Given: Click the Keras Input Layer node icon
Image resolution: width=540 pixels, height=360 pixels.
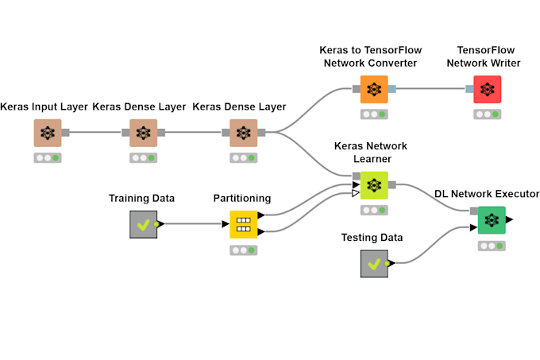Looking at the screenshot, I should (48, 133).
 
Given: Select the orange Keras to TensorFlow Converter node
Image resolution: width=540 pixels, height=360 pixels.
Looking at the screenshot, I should (374, 89).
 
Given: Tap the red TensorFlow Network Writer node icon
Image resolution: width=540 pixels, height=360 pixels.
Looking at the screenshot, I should (487, 89).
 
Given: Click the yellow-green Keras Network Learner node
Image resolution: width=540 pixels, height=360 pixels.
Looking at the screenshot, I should (373, 185).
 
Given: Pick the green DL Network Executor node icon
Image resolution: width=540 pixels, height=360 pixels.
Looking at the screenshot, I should (492, 219).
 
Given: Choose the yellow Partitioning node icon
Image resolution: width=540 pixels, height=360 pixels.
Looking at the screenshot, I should (244, 224).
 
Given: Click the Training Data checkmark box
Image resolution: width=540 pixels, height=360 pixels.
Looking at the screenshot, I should (143, 224).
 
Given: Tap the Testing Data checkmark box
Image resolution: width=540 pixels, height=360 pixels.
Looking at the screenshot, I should (373, 263).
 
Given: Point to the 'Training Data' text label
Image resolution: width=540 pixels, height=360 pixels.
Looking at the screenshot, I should (141, 198).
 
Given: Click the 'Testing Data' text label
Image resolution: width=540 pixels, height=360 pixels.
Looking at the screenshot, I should (372, 237).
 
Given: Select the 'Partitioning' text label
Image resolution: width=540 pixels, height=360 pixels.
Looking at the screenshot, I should (242, 198).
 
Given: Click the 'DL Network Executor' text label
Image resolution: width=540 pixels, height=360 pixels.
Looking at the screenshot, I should (487, 194).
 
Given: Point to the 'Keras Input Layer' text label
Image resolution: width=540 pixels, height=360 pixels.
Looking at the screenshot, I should (44, 106).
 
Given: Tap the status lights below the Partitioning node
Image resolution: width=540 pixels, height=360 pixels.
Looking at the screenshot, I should (244, 250).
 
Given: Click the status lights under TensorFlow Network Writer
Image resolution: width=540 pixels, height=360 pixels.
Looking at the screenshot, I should (487, 114).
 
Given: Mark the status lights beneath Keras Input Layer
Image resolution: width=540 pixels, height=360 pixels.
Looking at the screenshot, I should (48, 158).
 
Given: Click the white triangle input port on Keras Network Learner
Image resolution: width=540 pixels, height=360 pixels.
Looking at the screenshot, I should (356, 193).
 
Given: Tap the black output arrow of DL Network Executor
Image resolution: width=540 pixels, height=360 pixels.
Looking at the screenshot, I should (509, 219).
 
